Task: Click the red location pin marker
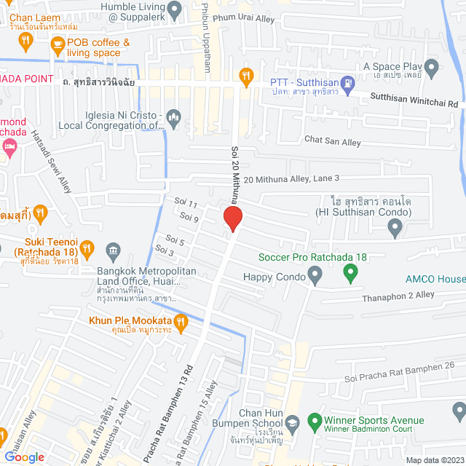point(232,218)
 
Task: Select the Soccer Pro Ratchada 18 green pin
point(350,275)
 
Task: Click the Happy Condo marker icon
point(315,276)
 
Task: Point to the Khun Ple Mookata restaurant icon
point(181,320)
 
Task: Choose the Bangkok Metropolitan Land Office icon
point(113,252)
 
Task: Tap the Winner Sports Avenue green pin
point(314,421)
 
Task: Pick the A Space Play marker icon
point(432,71)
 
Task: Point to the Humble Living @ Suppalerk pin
point(174,9)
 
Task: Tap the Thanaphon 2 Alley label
point(398,295)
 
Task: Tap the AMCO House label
point(437,279)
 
